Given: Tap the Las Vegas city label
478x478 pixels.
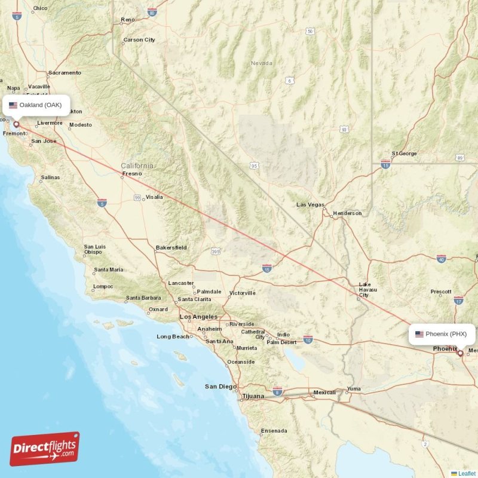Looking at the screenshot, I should [x=310, y=205].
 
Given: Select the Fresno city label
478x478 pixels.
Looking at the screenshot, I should [x=132, y=174].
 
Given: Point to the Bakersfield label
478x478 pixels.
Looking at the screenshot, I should [x=171, y=247].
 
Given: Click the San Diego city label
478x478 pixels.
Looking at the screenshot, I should [x=220, y=387].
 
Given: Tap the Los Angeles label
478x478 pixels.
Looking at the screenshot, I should [x=199, y=317].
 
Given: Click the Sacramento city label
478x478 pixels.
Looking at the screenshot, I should [x=65, y=73].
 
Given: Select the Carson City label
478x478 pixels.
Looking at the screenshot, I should [x=139, y=40].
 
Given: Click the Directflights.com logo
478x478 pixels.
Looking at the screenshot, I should [x=45, y=449].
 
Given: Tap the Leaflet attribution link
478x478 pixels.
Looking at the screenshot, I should [x=466, y=473].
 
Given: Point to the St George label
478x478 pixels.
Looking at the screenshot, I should [x=404, y=154].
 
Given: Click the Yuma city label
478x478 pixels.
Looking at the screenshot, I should [x=354, y=389].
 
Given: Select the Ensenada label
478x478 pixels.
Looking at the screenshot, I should [x=274, y=431].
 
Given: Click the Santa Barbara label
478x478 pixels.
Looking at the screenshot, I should [x=143, y=298].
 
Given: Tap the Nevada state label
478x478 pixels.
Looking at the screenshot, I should [x=261, y=63].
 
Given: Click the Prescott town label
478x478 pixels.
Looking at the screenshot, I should [x=441, y=292].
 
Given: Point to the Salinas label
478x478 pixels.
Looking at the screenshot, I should [x=50, y=178].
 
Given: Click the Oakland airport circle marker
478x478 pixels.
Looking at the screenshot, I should [x=16, y=125].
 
